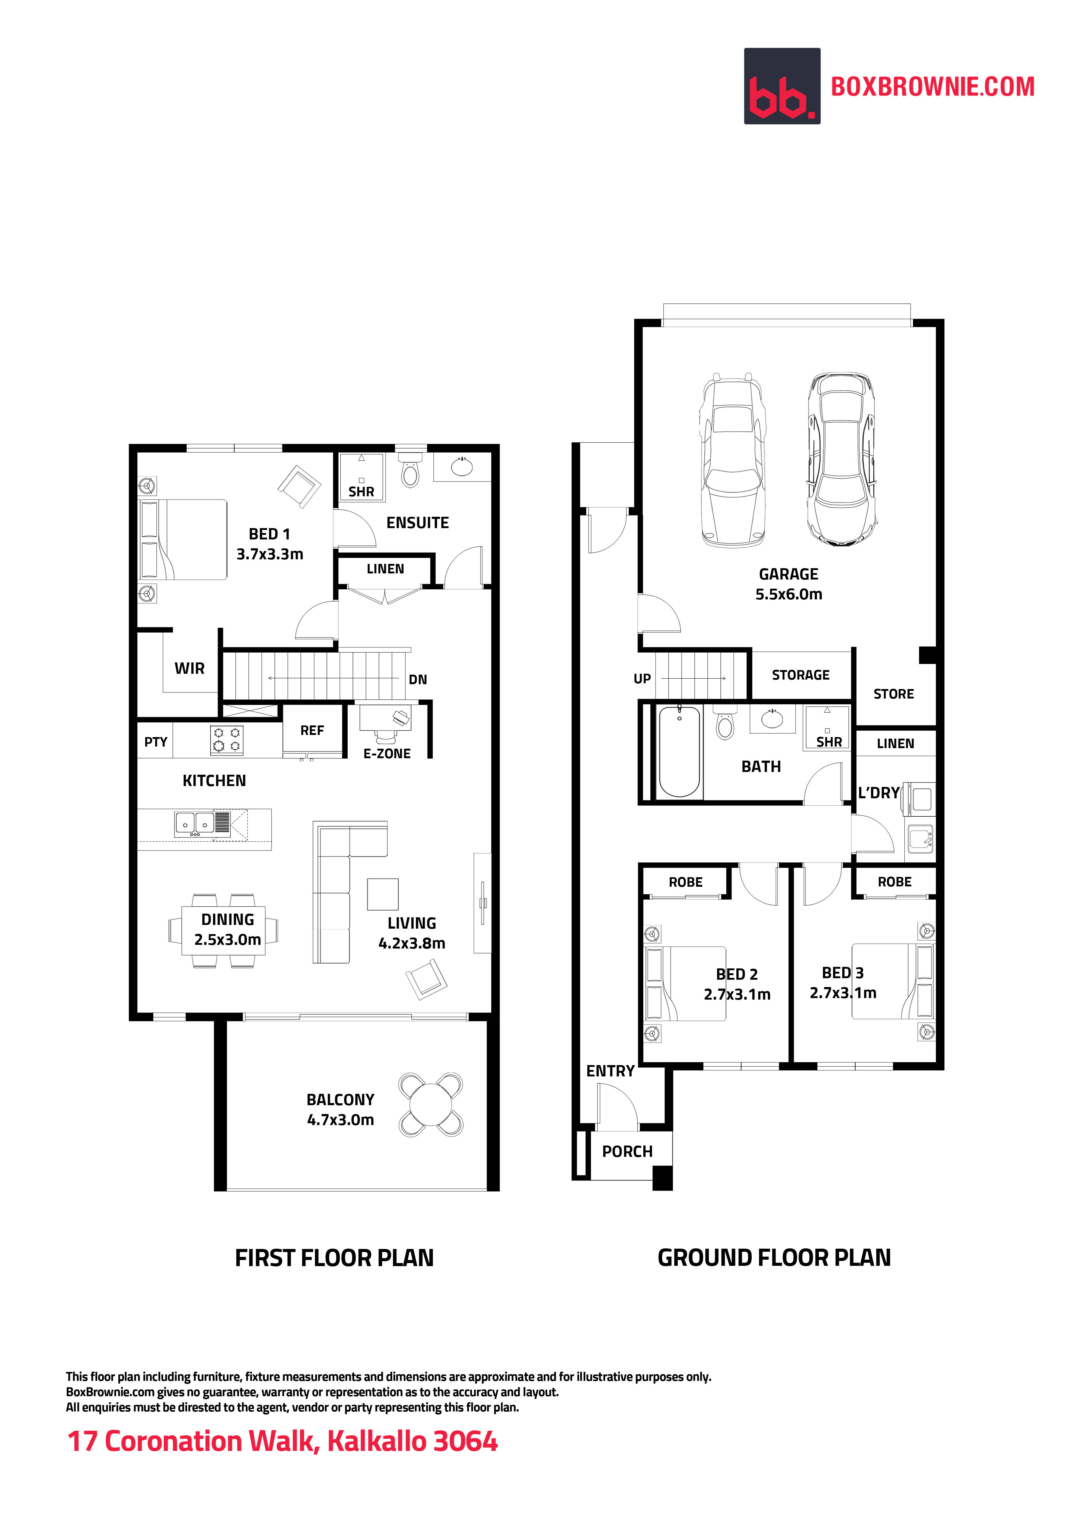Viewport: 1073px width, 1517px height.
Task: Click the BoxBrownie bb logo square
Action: (782, 86)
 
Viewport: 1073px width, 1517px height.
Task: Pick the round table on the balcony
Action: (430, 1105)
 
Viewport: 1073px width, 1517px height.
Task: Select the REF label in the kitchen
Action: (312, 730)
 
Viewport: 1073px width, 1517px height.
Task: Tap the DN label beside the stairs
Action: (417, 679)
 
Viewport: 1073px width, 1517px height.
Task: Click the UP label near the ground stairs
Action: (641, 679)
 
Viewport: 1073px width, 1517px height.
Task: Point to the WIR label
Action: (190, 668)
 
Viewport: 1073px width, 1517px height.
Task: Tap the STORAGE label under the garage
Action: (800, 675)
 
